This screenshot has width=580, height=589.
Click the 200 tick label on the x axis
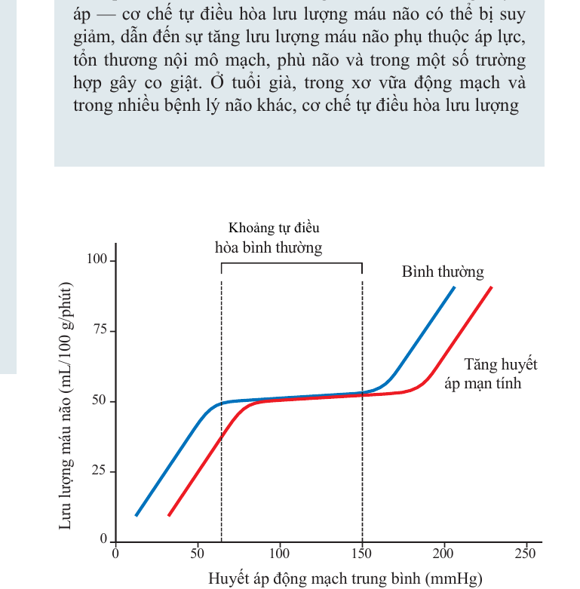pyautogui.click(x=443, y=554)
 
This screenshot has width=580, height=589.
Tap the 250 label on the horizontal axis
pyautogui.click(x=525, y=554)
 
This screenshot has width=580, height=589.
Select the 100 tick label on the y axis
pyautogui.click(x=97, y=259)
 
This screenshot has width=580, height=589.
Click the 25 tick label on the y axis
pyautogui.click(x=99, y=471)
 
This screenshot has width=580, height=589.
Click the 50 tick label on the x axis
pyautogui.click(x=197, y=554)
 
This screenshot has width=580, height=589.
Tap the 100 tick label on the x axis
pyautogui.click(x=279, y=554)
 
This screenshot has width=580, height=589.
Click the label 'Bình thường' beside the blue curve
pyautogui.click(x=443, y=272)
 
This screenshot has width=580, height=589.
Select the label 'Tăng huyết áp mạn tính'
pyautogui.click(x=491, y=374)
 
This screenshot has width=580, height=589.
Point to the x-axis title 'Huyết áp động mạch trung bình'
pyautogui.click(x=315, y=578)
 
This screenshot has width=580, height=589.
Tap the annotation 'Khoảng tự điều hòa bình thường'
pyautogui.click(x=269, y=238)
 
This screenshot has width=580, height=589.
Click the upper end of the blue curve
pyautogui.click(x=454, y=287)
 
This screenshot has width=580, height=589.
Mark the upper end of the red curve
pyautogui.click(x=491, y=287)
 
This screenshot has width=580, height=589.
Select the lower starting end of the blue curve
pyautogui.click(x=136, y=515)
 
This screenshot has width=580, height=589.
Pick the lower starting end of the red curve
pyautogui.click(x=169, y=515)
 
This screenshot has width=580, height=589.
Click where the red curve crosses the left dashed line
pyautogui.click(x=221, y=437)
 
